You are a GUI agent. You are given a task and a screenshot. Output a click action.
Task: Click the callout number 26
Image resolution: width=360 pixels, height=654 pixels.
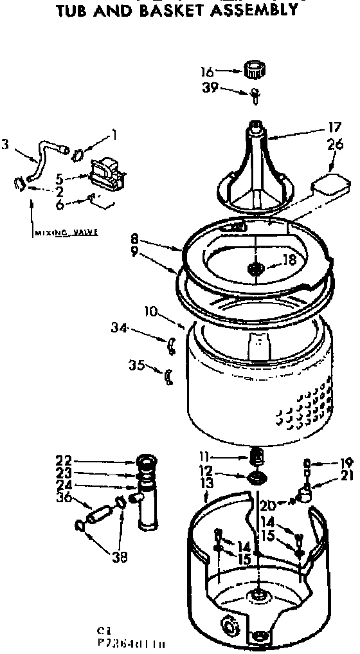click(x=334, y=145)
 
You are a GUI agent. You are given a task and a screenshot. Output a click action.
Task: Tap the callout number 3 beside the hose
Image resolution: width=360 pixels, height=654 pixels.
click(x=5, y=145)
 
